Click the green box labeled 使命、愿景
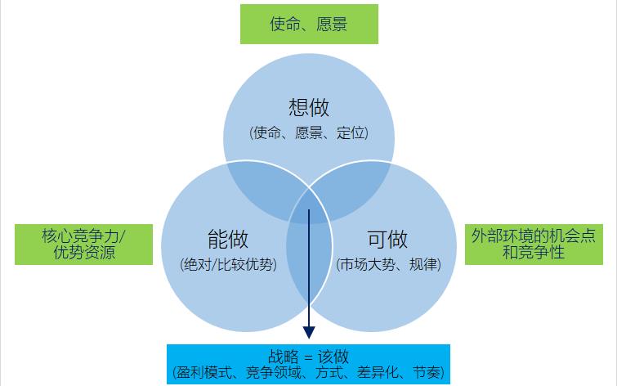[309, 24]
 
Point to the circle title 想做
[309, 107]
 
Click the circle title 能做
[228, 239]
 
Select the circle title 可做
[387, 239]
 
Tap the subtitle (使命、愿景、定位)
[309, 132]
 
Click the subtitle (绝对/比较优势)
[228, 264]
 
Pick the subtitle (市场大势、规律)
[388, 264]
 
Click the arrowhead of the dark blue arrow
[309, 332]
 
